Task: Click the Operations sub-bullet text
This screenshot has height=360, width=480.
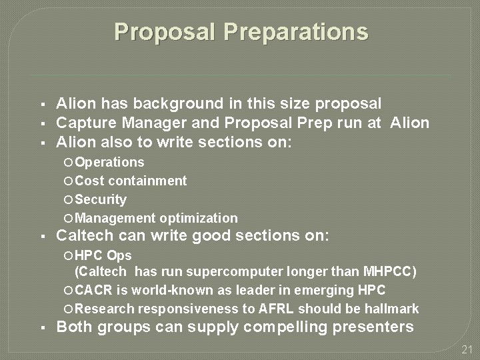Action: (109, 162)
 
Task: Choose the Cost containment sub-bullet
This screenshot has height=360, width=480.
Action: (131, 181)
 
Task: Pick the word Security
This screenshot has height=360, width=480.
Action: (101, 199)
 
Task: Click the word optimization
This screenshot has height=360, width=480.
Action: (197, 218)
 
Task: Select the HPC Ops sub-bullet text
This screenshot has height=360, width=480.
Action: (103, 255)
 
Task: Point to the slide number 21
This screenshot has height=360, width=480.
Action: (467, 350)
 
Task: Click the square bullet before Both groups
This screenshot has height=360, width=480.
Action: (41, 327)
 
